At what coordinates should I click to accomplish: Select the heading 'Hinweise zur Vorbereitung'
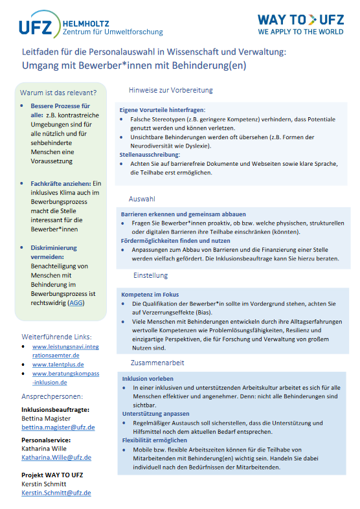[x=170, y=90]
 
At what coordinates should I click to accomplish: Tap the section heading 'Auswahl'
[x=142, y=199]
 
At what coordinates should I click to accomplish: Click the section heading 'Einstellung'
[x=150, y=275]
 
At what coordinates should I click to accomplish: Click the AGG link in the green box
[x=77, y=302]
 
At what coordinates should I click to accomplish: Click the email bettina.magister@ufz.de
[x=58, y=427]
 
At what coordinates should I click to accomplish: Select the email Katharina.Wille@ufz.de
[x=56, y=457]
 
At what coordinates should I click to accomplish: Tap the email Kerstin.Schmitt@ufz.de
[x=56, y=493]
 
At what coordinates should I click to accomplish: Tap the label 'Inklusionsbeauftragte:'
[x=55, y=409]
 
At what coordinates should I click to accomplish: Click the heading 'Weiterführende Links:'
[x=56, y=337]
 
